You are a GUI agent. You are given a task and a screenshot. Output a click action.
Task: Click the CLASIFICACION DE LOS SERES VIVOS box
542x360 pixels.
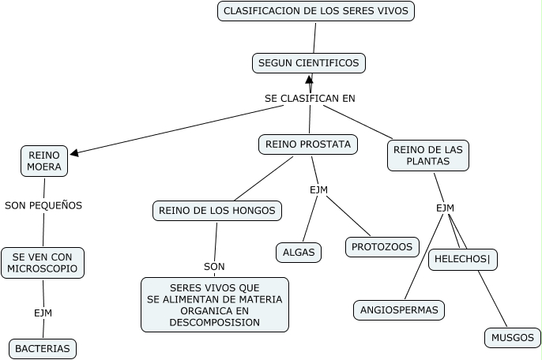coord(316,11)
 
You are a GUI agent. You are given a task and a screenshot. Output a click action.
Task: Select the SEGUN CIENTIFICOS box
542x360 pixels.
coord(309,62)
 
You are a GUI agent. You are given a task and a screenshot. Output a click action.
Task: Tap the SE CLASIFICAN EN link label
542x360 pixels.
coord(310,99)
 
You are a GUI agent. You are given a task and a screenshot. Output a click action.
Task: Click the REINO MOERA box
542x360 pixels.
coord(44,161)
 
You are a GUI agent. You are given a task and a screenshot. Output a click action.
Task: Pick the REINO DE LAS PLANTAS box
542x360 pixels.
coord(428,155)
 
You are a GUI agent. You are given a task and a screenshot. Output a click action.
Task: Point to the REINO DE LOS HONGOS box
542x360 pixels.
coord(216,210)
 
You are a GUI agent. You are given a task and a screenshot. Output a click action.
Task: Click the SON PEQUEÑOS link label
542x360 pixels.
coord(43,205)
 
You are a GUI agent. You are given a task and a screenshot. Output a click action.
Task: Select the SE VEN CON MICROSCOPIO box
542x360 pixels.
coord(43,263)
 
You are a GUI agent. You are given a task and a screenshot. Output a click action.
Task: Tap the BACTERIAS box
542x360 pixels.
coord(43,348)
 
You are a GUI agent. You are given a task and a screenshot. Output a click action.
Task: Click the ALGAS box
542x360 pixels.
coord(299,253)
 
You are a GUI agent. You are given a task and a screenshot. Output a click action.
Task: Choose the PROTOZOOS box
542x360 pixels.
coord(382,247)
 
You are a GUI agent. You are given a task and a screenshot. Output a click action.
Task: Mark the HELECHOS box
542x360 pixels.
coord(462,260)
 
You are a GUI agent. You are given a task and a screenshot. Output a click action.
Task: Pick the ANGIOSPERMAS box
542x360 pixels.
coord(398,310)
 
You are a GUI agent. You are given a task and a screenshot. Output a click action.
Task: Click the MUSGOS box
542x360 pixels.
coord(512,338)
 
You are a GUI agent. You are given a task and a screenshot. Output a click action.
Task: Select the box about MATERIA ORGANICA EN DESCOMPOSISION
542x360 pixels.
coord(214,305)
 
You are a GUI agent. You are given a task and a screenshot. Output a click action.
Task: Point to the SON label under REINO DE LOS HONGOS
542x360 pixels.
coord(214,266)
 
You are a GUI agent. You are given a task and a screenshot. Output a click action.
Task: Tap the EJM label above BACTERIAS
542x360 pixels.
coord(43,313)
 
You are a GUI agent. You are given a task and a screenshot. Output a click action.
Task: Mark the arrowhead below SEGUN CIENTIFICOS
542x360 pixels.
coord(310,80)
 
